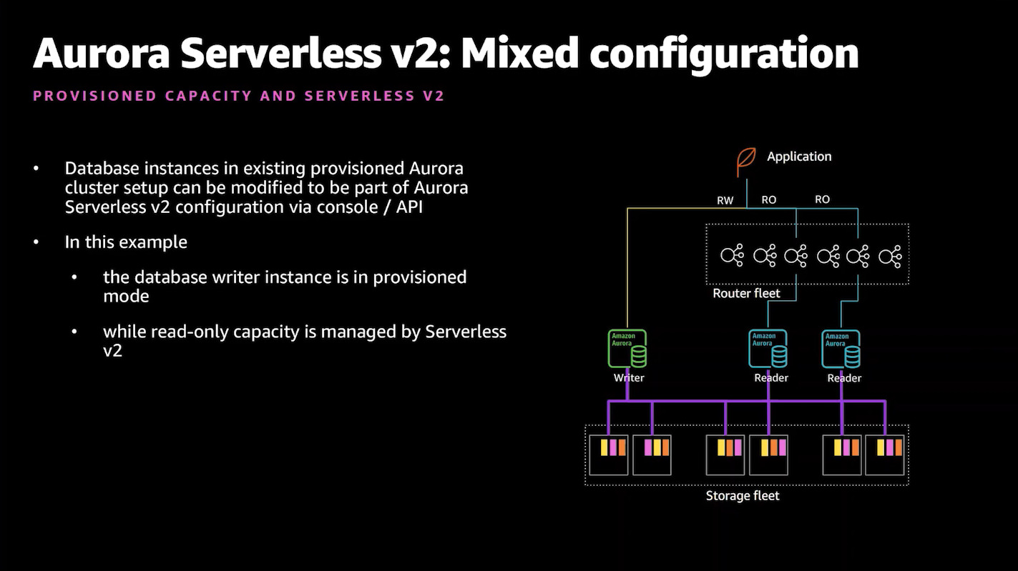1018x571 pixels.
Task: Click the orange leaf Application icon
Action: [747, 162]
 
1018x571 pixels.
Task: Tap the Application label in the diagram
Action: [799, 157]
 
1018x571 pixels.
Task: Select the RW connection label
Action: [725, 200]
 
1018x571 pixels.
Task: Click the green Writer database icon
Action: [627, 349]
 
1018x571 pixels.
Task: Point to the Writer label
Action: [629, 377]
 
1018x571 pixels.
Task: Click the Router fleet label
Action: [746, 293]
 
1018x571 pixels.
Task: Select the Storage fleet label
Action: [743, 495]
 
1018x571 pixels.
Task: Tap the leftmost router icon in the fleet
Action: [732, 255]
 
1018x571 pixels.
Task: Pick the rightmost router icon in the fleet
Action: [890, 255]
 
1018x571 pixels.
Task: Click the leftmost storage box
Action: [608, 455]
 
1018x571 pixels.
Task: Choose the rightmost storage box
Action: [885, 455]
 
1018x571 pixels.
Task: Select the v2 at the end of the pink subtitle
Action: [434, 96]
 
